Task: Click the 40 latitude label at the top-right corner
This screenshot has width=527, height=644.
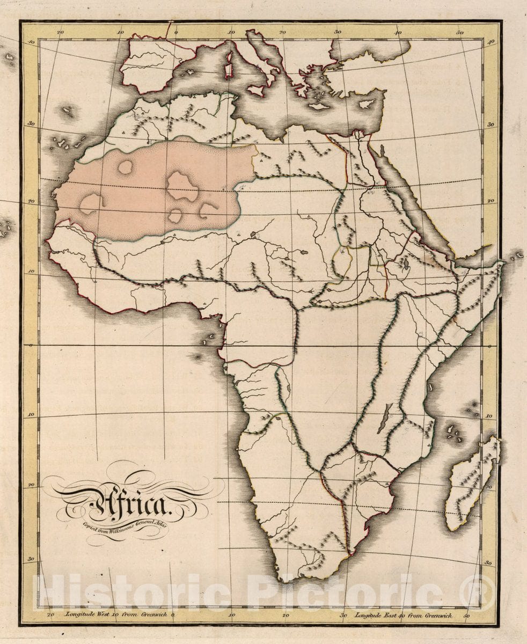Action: [x=491, y=42]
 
